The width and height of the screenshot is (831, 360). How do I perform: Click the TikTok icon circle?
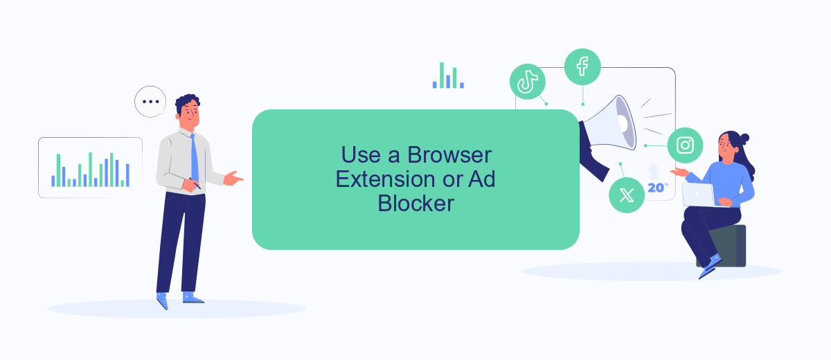point(527,82)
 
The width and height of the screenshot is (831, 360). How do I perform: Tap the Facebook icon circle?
point(582,66)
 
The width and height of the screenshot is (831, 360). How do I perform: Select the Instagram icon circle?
point(685,145)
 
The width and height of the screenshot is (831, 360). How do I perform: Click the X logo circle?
point(627,195)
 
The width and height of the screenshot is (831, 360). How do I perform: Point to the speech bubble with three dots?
point(150,102)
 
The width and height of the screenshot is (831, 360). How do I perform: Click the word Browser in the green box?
point(449,154)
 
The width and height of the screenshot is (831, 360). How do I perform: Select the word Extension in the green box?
point(386,179)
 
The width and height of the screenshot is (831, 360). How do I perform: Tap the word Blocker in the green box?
point(416,204)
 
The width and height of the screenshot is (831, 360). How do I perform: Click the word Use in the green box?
point(361,154)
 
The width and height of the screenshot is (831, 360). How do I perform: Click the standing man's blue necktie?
point(195,159)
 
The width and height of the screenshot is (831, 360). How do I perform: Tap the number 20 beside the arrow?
point(656,188)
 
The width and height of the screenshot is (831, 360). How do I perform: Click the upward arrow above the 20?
point(654,172)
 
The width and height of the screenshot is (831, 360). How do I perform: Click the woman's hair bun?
point(744,139)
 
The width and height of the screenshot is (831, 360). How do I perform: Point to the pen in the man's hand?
point(195,183)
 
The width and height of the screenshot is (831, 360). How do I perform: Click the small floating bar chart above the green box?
point(448,75)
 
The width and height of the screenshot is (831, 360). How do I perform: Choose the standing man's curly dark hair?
point(188,102)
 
